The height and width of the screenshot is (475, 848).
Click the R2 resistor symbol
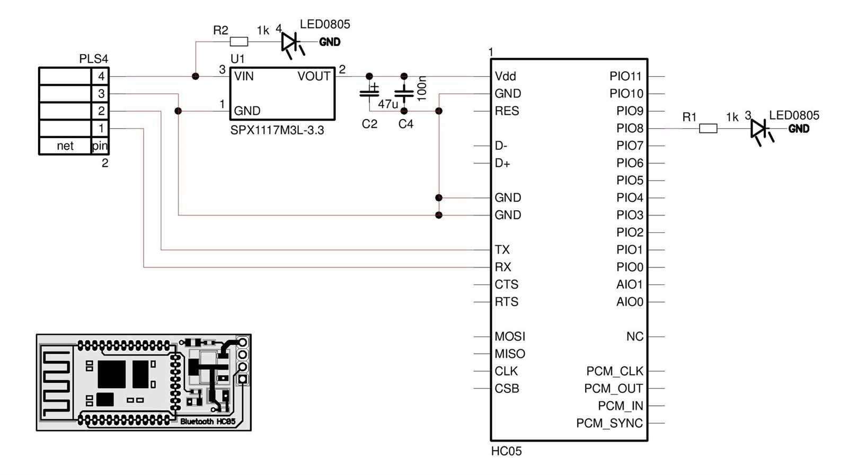point(239,41)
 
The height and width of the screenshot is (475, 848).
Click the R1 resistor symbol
point(708,128)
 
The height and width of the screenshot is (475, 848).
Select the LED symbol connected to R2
point(289,41)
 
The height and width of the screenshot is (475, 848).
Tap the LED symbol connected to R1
point(758,128)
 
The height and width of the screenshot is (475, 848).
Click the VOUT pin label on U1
point(314,76)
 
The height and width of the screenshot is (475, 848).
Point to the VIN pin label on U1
point(244,76)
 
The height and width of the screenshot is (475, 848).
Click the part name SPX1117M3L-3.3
point(277,130)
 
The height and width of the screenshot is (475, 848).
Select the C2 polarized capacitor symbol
point(369,93)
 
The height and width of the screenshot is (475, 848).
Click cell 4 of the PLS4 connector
point(101,76)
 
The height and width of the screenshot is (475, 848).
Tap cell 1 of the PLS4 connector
point(101,128)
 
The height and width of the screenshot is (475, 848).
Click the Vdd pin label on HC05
point(505,76)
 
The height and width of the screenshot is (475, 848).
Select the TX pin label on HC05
point(502,249)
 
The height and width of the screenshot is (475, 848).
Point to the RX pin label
point(502,267)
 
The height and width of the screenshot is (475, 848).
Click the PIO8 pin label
point(629,128)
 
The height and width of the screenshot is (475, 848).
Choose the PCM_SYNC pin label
point(609,423)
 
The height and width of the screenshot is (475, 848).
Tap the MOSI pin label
point(509,336)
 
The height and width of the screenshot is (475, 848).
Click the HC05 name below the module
point(506,451)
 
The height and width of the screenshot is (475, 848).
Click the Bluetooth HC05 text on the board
point(207,422)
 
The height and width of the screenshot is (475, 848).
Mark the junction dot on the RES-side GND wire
point(438,111)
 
